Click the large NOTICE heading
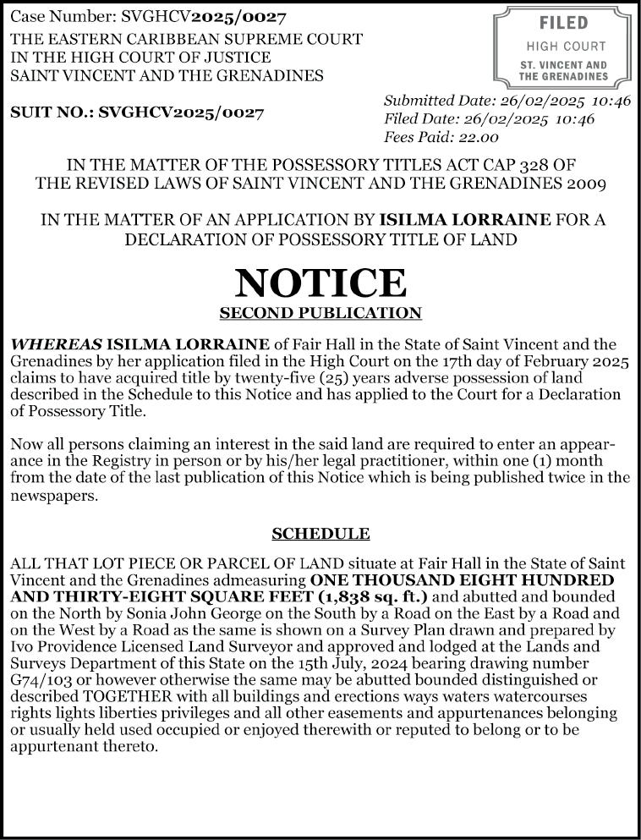(x=320, y=282)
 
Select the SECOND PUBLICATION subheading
(x=320, y=314)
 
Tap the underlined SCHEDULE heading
(x=320, y=534)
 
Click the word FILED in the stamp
(x=563, y=24)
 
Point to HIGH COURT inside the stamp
(x=566, y=47)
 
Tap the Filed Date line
(x=489, y=119)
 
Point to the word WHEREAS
(x=56, y=344)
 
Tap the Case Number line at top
(x=148, y=17)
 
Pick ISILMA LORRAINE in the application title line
(x=465, y=220)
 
